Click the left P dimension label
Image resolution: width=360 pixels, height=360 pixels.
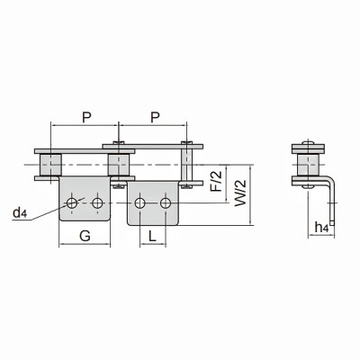[85, 115]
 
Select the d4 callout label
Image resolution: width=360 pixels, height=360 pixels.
[20, 213]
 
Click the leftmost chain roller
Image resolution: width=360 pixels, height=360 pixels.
[50, 166]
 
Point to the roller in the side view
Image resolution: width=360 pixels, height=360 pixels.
[309, 166]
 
